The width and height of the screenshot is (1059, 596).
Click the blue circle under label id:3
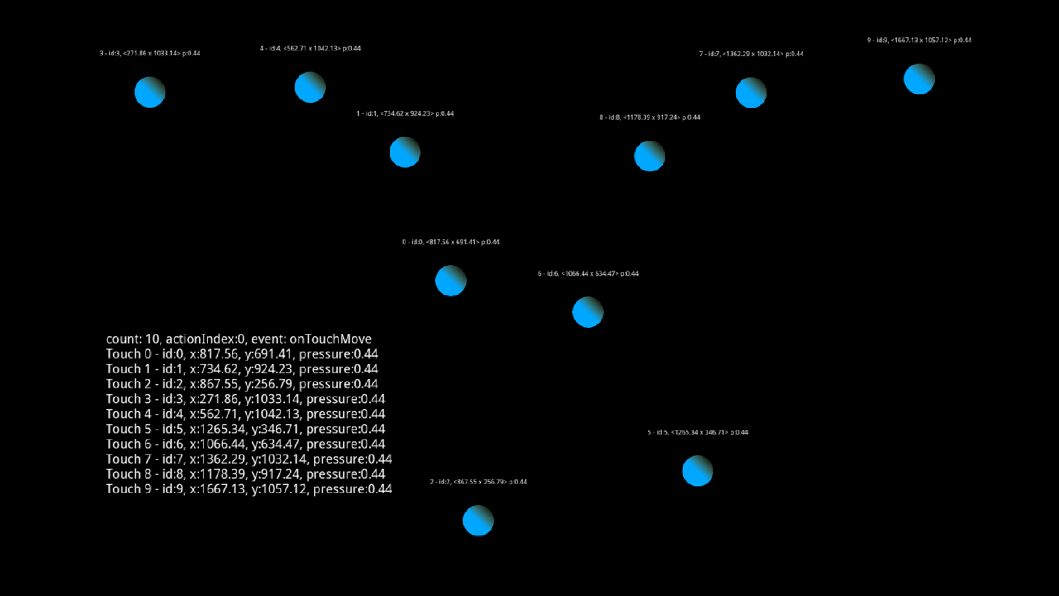[x=150, y=92]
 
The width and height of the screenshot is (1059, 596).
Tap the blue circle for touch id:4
[x=310, y=87]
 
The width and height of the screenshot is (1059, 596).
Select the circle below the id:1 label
[x=405, y=152]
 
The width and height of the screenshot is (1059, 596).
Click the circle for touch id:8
[x=649, y=156]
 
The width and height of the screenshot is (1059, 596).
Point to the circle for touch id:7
[x=751, y=93]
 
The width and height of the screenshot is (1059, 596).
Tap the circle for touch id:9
[x=919, y=79]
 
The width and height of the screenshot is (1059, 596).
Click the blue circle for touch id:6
[x=588, y=312]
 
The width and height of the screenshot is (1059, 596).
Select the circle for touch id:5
[x=698, y=471]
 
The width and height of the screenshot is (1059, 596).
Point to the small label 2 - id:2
[x=478, y=482]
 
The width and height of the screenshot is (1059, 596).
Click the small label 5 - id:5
[x=698, y=432]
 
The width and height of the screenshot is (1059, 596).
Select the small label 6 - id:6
[x=588, y=273]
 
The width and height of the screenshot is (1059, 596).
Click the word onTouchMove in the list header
[x=330, y=339]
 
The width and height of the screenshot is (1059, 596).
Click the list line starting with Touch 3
[x=245, y=399]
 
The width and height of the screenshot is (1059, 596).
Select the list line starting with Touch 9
[x=249, y=489]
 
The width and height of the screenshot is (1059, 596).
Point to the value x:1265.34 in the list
[x=217, y=429]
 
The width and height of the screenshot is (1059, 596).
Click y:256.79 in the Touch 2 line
[x=268, y=384]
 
